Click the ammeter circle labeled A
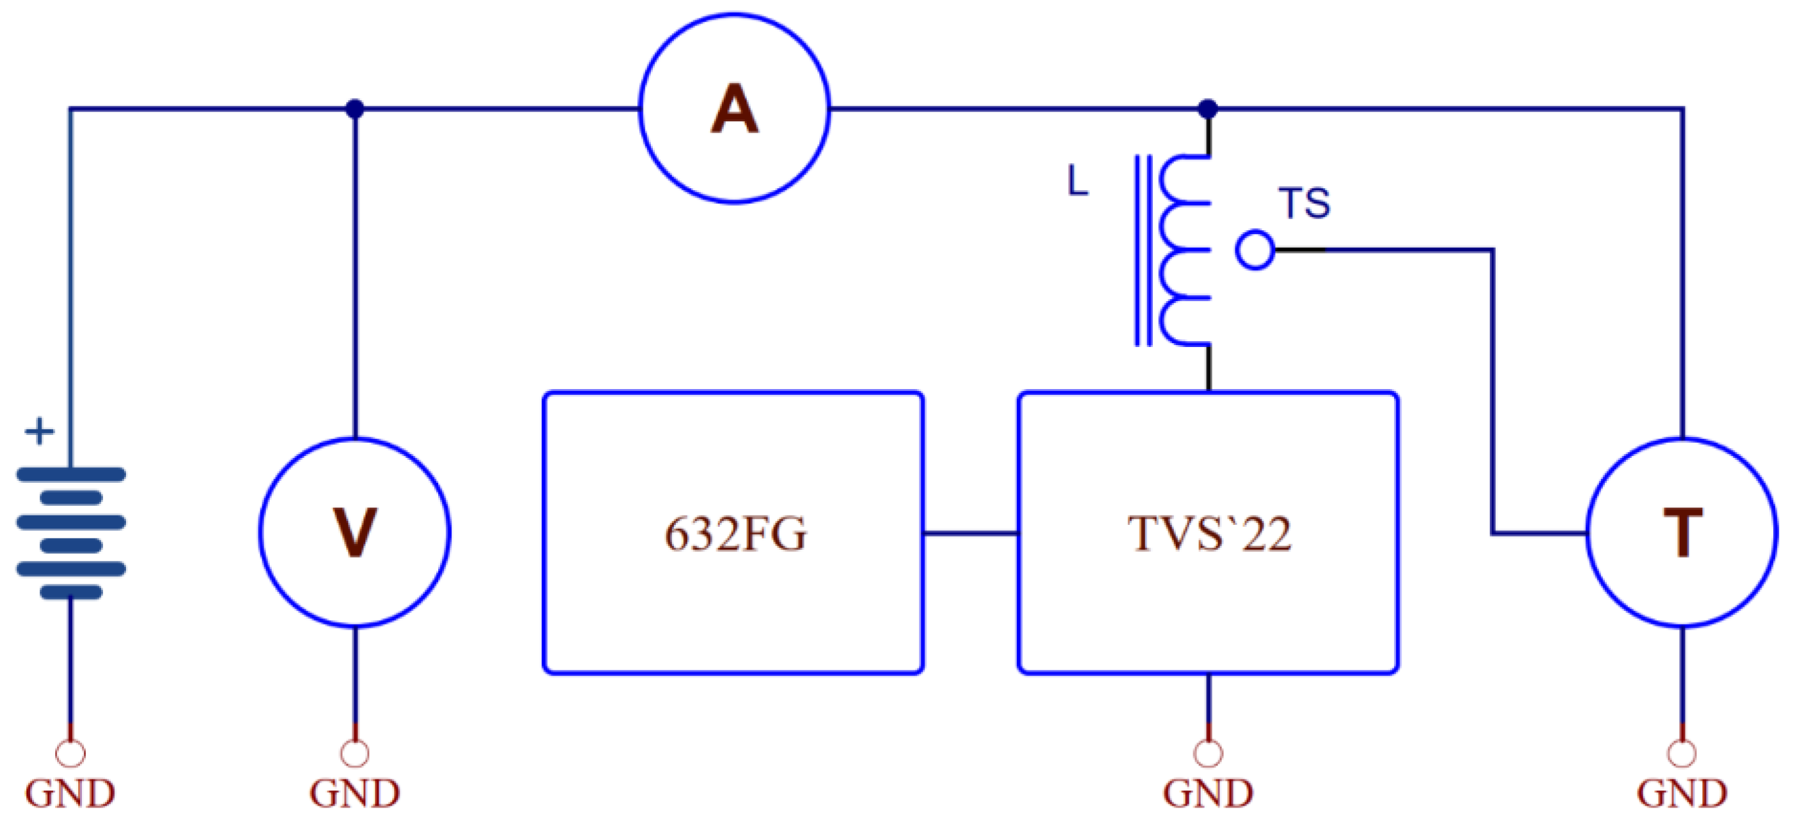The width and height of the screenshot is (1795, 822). coord(733,109)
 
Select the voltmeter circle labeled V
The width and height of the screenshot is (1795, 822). coord(355,532)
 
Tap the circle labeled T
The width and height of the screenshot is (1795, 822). coord(1682,532)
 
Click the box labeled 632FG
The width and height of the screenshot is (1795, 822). coord(733,533)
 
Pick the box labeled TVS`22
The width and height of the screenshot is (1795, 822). coord(1208,533)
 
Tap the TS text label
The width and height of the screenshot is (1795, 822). coord(1304,203)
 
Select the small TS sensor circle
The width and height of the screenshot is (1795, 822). coord(1255,249)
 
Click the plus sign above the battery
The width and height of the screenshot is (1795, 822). coord(40,431)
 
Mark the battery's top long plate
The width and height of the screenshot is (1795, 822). coord(71,474)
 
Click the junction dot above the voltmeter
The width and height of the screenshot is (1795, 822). coord(355,109)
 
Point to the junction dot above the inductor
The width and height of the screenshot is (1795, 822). coord(1208,109)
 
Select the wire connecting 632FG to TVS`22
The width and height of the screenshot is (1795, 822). coord(971,533)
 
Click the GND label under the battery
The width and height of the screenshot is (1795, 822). coord(70,793)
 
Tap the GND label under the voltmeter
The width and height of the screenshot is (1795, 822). coord(355,793)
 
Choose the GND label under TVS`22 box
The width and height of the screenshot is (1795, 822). coord(1208,793)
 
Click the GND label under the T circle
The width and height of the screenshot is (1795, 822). coord(1682,793)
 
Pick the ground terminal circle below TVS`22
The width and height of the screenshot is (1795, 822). coord(1208,753)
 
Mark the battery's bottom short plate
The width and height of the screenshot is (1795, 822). coord(71,592)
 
